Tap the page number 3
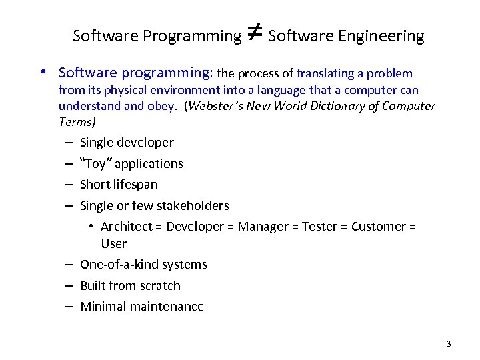coord(449,344)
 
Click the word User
coord(113,244)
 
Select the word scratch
coord(159,286)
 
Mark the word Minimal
coord(103,307)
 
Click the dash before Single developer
coord(69,143)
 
